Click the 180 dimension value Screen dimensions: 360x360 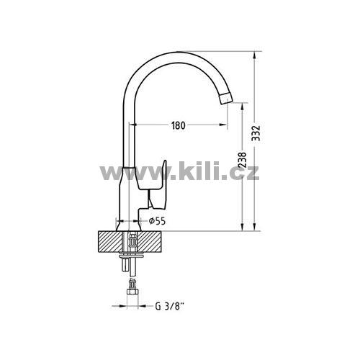pos(179,125)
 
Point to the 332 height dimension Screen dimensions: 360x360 pos(256,133)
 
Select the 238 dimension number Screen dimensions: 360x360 pos(243,160)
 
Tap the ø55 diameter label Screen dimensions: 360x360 pos(157,221)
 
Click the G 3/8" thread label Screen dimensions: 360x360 pos(170,307)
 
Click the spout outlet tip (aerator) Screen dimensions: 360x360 pos(226,98)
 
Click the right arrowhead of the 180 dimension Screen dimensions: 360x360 pos(223,125)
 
